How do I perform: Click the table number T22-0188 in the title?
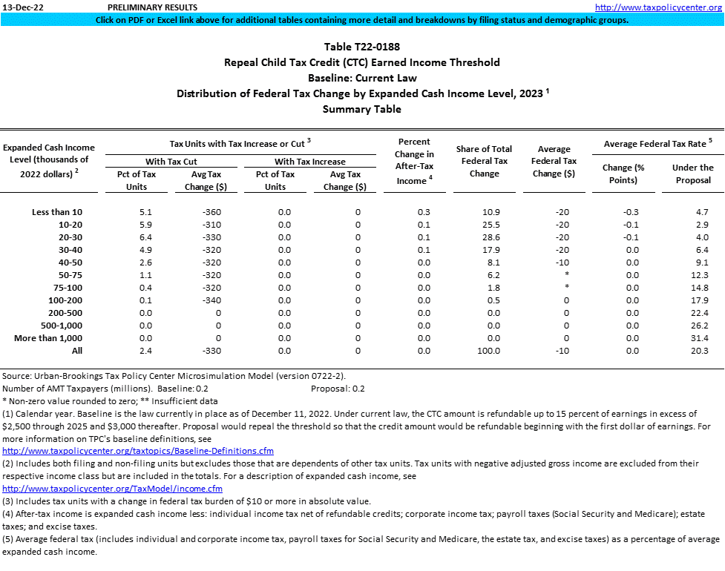click(x=362, y=47)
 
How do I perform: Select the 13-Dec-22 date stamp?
click(x=22, y=7)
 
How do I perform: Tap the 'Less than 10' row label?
click(x=57, y=212)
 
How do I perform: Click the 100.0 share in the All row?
click(x=488, y=351)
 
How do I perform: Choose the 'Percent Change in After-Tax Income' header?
click(x=414, y=161)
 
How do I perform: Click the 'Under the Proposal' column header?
click(x=692, y=174)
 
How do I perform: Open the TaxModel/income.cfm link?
click(x=113, y=489)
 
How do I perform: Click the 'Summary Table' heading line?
click(x=362, y=109)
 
